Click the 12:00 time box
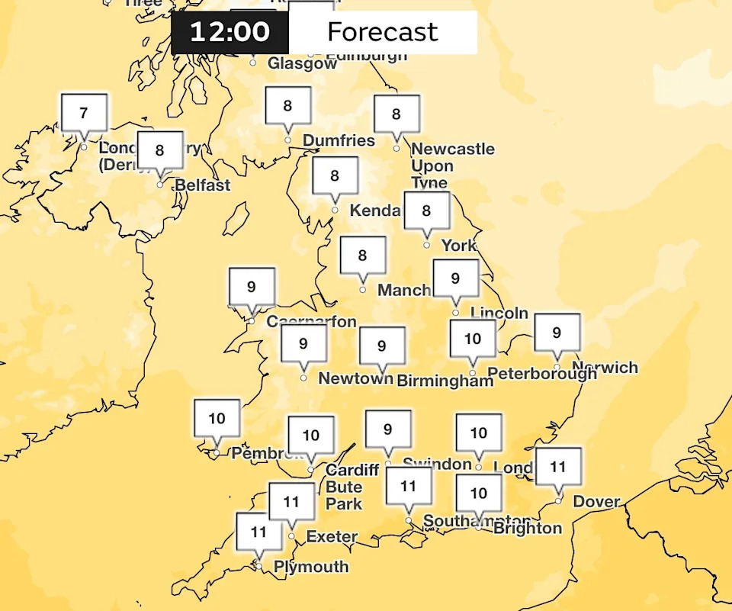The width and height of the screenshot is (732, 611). point(230,32)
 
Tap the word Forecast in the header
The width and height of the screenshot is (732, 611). point(382,32)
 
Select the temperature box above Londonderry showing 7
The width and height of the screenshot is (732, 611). point(83,114)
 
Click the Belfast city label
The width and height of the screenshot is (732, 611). point(202,185)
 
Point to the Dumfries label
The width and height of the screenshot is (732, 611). point(339,140)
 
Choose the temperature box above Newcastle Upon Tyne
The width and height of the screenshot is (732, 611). point(396,114)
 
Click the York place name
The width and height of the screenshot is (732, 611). point(458,245)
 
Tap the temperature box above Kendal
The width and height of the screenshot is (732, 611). point(334,176)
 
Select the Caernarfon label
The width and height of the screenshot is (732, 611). point(311,322)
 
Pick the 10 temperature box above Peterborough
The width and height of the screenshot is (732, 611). point(472,339)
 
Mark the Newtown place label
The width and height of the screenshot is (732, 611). point(355,378)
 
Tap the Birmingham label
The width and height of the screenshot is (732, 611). point(445,381)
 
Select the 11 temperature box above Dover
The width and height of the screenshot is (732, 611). point(557,467)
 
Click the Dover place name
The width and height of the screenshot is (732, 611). point(596,502)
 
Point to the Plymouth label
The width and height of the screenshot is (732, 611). point(311,567)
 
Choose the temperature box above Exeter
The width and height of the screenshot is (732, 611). point(291,502)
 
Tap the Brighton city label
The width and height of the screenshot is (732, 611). point(527,528)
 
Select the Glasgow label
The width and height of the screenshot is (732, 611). point(302,64)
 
